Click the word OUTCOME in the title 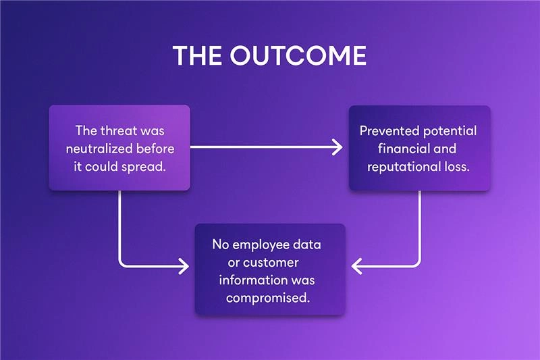pos(298,56)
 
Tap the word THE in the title pos(198,56)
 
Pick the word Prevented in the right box pos(388,130)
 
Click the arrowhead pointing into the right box pos(337,147)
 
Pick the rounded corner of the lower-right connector pos(418,264)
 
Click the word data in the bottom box pos(308,244)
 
